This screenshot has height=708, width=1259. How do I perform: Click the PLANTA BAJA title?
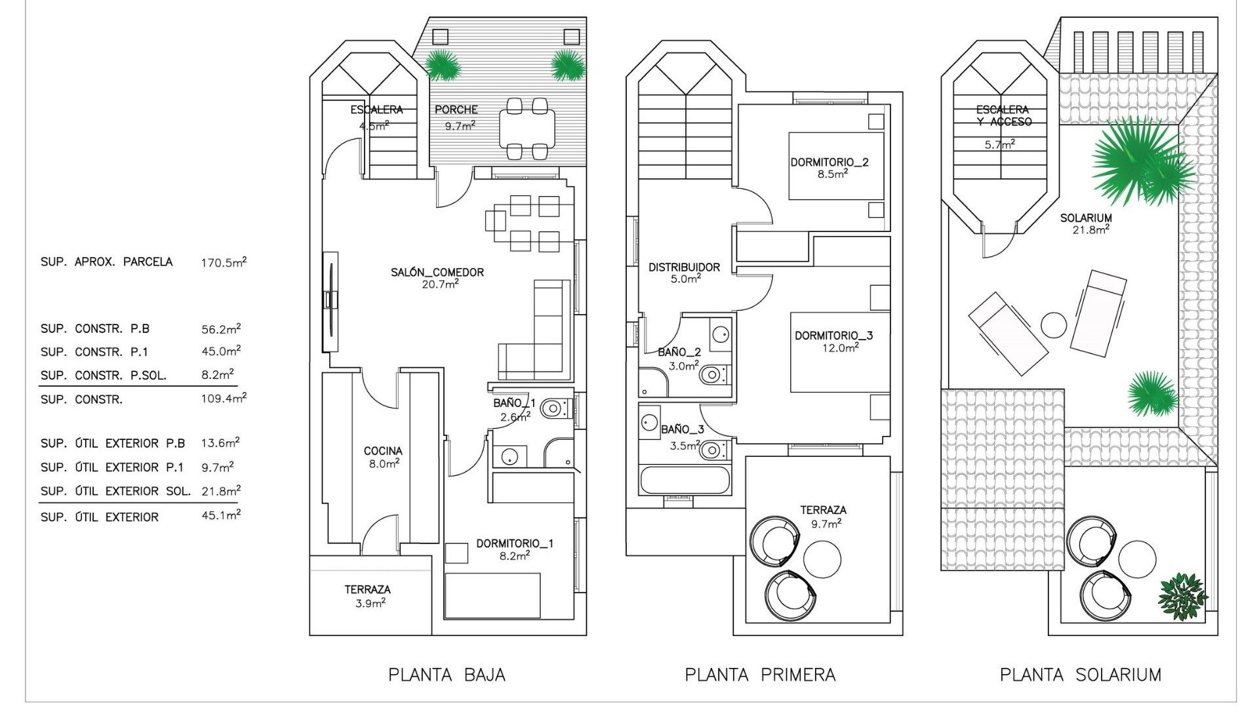point(447,675)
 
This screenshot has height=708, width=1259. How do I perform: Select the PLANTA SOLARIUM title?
point(1080,675)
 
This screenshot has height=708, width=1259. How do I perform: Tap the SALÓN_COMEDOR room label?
point(437,272)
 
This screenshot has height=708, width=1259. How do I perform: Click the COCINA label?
point(383,451)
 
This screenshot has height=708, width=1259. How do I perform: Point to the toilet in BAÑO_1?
point(553,410)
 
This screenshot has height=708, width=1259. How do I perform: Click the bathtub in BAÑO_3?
point(684,481)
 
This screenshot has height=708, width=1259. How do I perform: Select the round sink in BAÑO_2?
point(721,334)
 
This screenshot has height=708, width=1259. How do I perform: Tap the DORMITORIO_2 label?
point(829,162)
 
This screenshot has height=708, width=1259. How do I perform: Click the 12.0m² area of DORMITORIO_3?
point(841,348)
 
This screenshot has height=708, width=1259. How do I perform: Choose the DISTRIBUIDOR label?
point(684,267)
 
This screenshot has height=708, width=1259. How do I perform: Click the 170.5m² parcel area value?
point(224,263)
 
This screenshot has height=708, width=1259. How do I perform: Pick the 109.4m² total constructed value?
point(224,399)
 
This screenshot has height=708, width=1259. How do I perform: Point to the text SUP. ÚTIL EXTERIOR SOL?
point(115,491)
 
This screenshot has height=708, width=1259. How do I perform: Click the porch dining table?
point(527,128)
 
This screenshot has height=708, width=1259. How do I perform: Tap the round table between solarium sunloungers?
point(1054,325)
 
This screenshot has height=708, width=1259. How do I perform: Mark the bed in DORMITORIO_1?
point(492,595)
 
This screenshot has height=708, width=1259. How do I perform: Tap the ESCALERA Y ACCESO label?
point(1003,115)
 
